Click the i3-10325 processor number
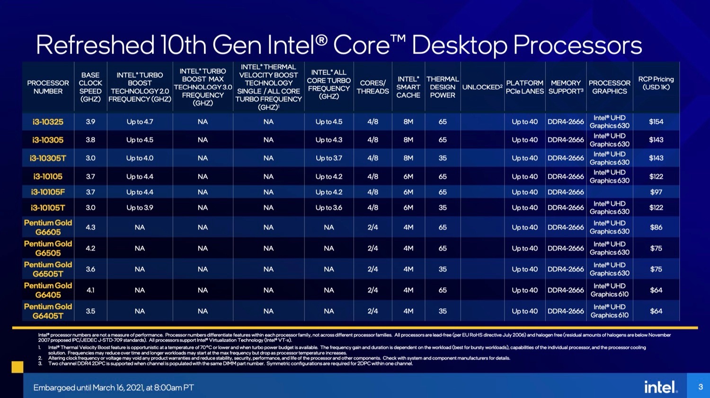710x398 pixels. (48, 122)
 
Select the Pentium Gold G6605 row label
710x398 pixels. (48, 227)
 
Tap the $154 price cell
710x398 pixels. (656, 122)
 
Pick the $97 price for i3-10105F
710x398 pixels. (656, 192)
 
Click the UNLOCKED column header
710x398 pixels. (482, 87)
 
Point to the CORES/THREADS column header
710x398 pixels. (373, 87)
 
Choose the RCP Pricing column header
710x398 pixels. (656, 83)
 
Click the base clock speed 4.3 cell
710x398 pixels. (90, 227)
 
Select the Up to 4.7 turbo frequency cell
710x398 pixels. (140, 122)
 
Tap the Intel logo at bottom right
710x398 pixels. (661, 387)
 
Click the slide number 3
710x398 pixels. (701, 387)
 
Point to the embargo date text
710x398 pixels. (114, 388)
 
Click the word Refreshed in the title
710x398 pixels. (95, 45)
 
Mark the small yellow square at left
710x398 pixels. (17, 367)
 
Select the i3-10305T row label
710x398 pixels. (48, 158)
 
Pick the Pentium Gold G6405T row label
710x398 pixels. (48, 311)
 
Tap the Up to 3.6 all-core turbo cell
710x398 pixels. (329, 208)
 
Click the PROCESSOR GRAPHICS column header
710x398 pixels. (609, 87)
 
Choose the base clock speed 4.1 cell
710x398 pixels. (90, 290)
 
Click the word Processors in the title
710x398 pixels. (577, 45)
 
